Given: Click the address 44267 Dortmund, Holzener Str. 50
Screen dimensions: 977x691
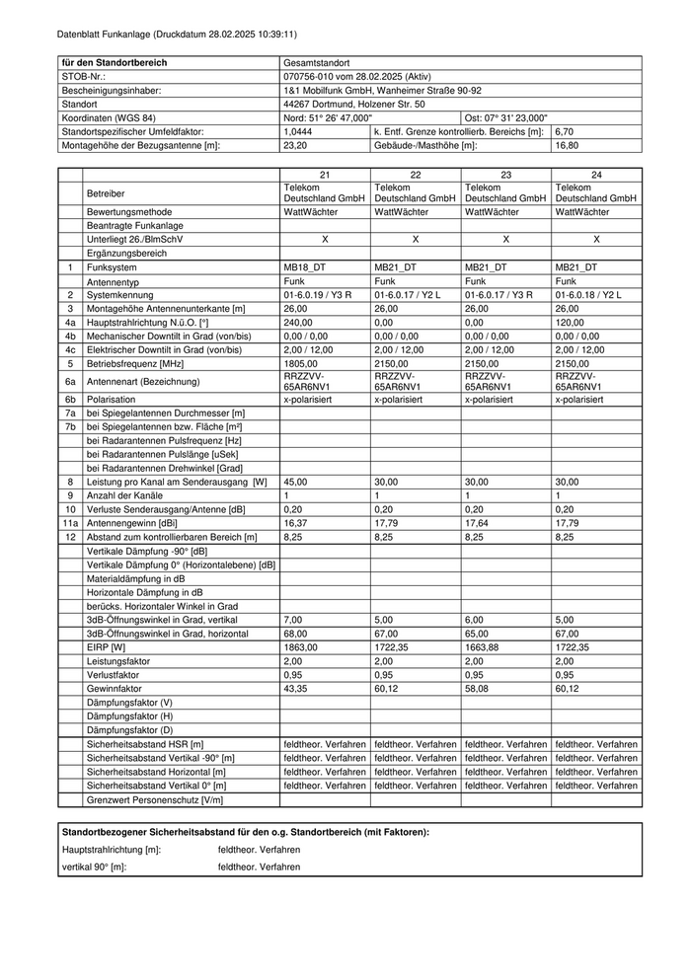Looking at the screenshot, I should tap(354, 104).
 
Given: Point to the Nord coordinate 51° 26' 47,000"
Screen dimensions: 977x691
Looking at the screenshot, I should tap(328, 117).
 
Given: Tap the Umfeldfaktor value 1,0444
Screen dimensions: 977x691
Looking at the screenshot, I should tap(297, 131).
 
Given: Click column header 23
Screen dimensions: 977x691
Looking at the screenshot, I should tap(505, 174).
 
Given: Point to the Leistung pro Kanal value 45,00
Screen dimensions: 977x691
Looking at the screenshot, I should tap(295, 482).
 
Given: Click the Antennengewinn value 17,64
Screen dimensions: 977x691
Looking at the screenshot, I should tap(477, 523).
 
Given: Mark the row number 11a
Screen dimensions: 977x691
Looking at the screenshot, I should tap(70, 523).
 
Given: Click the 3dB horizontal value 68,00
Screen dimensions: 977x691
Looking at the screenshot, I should tap(295, 634).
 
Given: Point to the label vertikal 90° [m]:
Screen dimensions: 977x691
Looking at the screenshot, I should tap(95, 866).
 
